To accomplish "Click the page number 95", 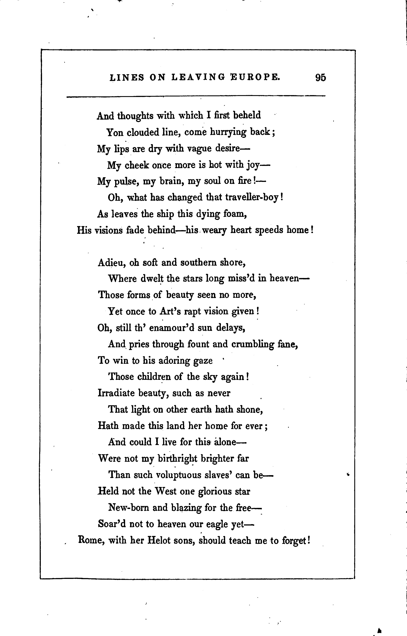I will pos(321,78).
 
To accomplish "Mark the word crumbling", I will pos(253,344).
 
